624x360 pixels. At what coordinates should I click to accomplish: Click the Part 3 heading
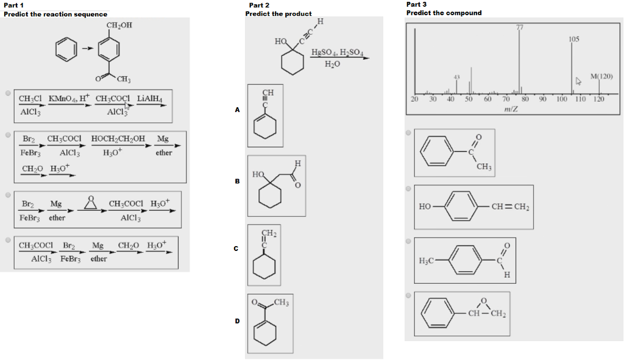(x=416, y=4)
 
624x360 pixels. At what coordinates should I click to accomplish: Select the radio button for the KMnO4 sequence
(x=7, y=94)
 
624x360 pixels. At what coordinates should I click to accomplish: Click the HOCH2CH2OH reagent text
(x=118, y=139)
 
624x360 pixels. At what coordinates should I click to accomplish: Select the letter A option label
(x=238, y=110)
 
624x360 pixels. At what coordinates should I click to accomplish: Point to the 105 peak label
(x=573, y=39)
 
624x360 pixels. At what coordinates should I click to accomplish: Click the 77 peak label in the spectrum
(x=520, y=26)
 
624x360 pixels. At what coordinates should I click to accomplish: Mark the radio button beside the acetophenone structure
(x=408, y=132)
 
